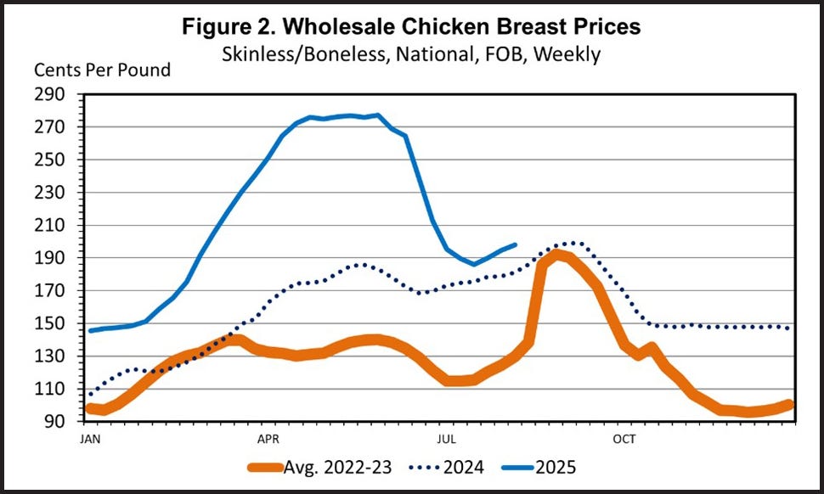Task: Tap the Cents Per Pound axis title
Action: click(102, 70)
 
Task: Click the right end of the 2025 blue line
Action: click(516, 244)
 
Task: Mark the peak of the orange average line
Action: click(556, 254)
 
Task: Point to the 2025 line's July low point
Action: click(475, 264)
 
